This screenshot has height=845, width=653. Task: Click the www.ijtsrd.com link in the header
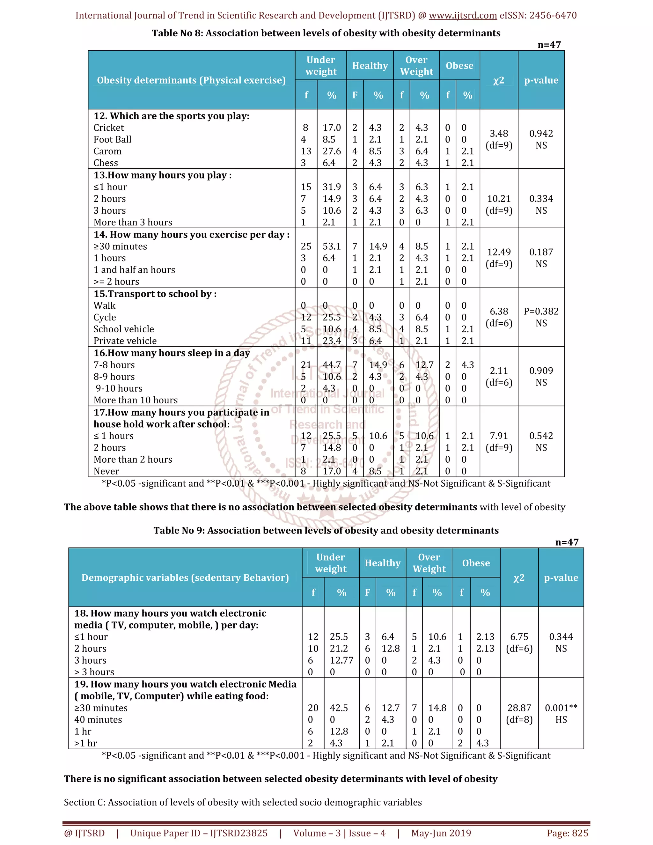[463, 16]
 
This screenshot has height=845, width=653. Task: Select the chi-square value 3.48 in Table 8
[499, 134]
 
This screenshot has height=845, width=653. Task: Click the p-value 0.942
[541, 134]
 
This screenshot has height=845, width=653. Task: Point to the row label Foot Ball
[113, 140]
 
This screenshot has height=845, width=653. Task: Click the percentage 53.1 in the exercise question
[332, 246]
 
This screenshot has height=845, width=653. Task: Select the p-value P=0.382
[541, 312]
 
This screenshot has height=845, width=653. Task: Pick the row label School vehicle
[124, 329]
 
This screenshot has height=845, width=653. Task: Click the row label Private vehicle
[125, 341]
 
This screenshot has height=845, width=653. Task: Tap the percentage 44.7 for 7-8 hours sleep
[332, 365]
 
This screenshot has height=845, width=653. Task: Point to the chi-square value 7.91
[499, 436]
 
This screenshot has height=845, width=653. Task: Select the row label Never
[106, 471]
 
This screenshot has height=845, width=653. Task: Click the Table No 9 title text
[326, 531]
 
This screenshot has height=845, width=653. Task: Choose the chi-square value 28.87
[519, 708]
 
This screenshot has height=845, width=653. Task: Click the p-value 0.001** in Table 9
[561, 708]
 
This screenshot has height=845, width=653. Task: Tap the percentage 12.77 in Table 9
[341, 660]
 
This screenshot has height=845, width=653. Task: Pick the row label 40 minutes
[98, 720]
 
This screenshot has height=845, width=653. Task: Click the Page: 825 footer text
[567, 833]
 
